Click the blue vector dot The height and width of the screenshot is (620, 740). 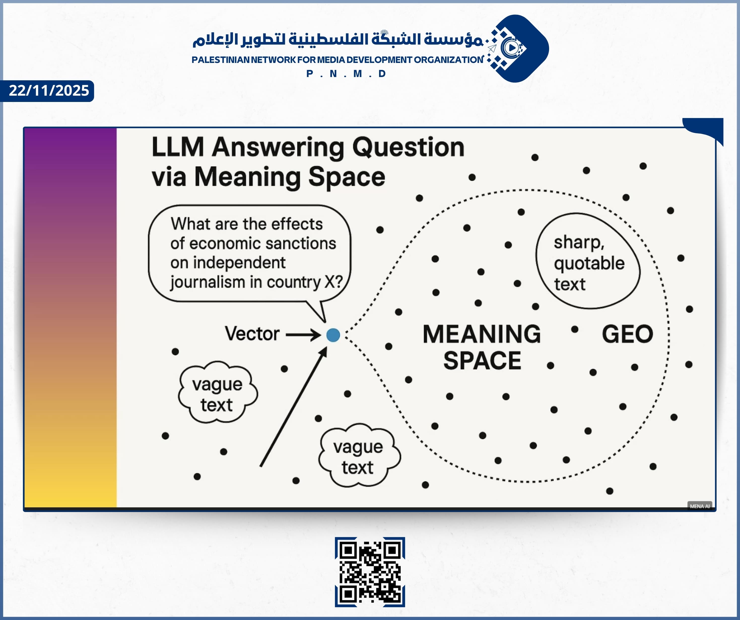(333, 335)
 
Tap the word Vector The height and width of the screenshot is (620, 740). (252, 334)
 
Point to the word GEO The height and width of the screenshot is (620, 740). (627, 334)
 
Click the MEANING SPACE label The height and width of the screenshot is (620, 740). (482, 347)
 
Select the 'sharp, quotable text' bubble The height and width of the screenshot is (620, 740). (588, 261)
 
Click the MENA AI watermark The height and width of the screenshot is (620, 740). (699, 506)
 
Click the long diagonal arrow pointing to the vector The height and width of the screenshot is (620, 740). (293, 407)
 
